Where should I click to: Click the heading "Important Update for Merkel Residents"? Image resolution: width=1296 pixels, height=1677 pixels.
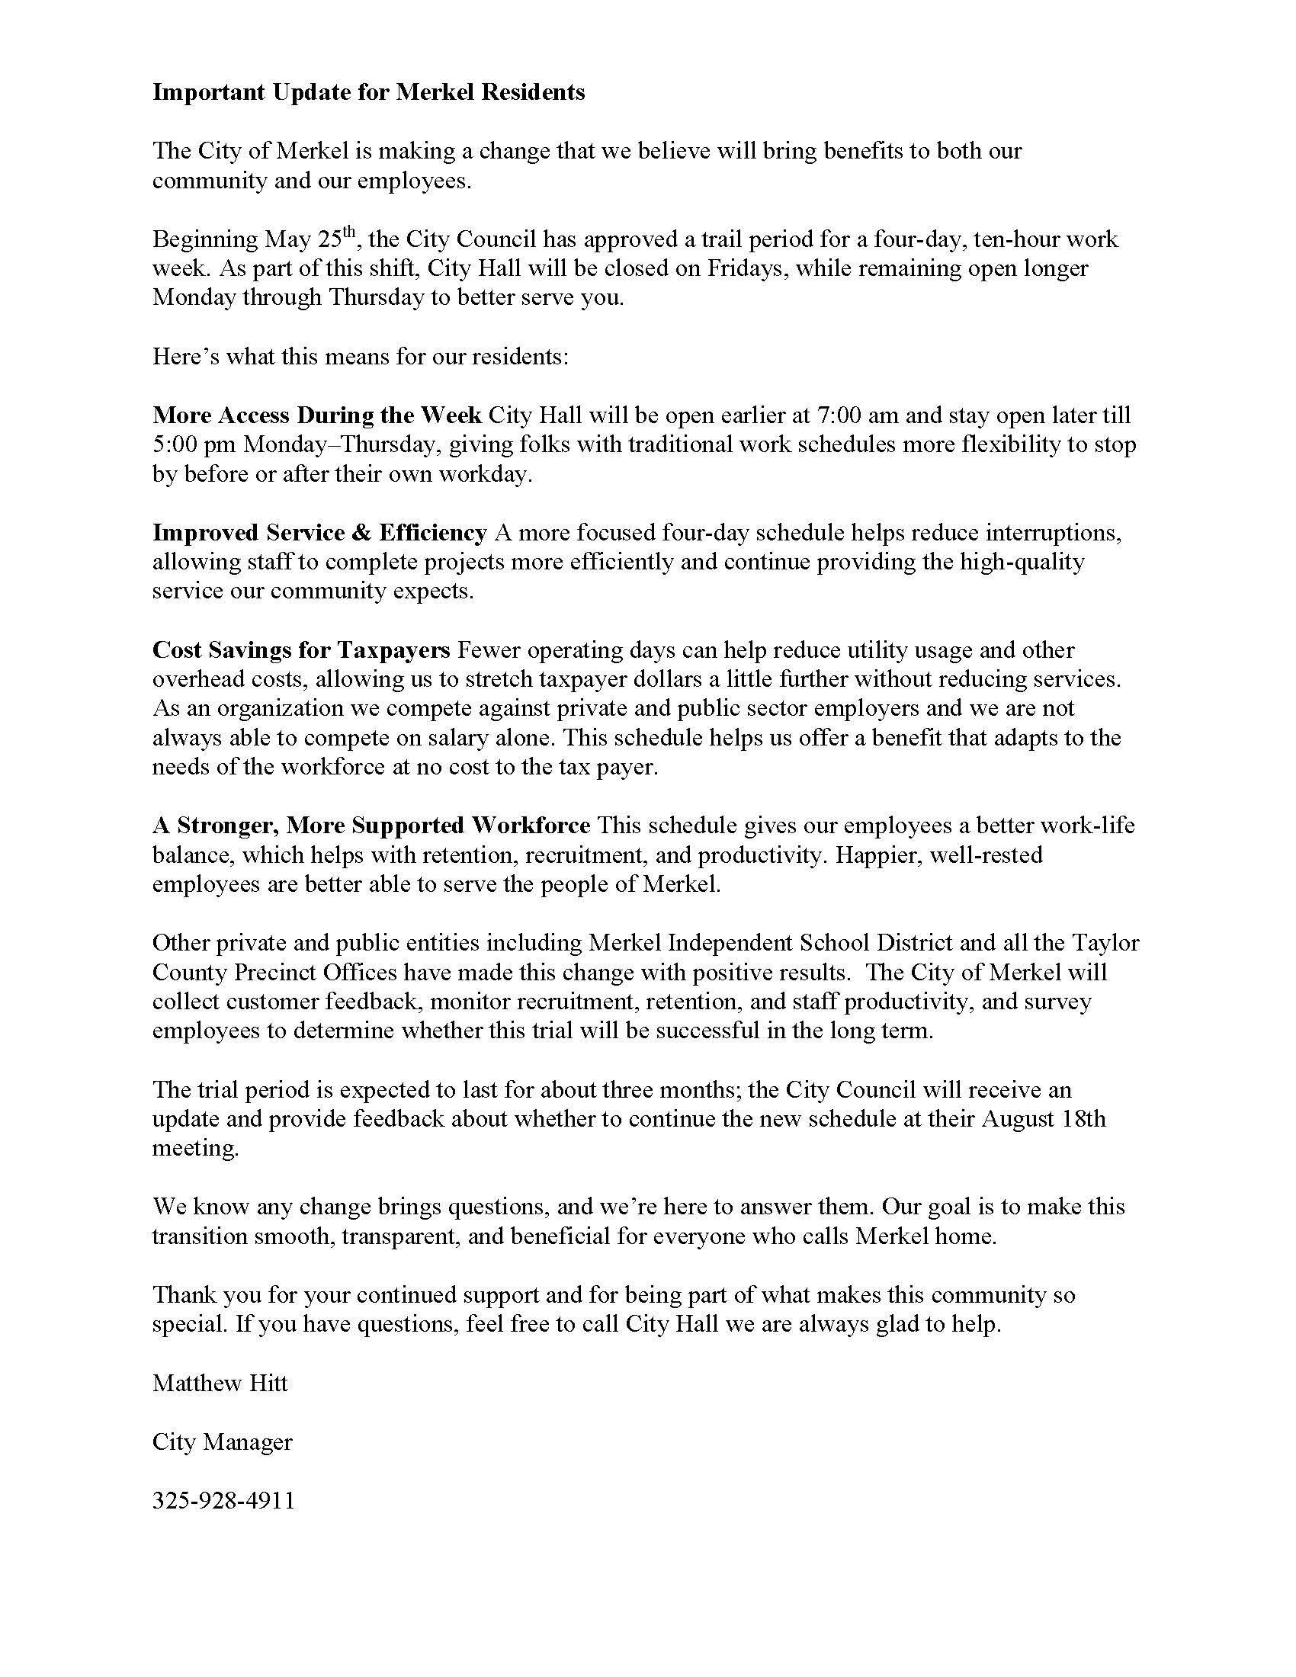click(x=368, y=92)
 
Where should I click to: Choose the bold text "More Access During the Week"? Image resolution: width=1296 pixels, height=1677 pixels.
click(x=317, y=415)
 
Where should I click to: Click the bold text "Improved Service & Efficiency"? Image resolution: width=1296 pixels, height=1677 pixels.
click(x=319, y=533)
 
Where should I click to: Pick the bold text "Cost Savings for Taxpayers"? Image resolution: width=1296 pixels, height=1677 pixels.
click(x=301, y=650)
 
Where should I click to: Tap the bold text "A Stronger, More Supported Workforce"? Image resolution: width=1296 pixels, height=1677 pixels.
click(x=371, y=826)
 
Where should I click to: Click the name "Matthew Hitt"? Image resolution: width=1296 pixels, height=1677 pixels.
click(x=220, y=1384)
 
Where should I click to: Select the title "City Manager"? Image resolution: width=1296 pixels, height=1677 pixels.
click(x=223, y=1442)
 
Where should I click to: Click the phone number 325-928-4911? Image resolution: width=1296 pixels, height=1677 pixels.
click(x=223, y=1501)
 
